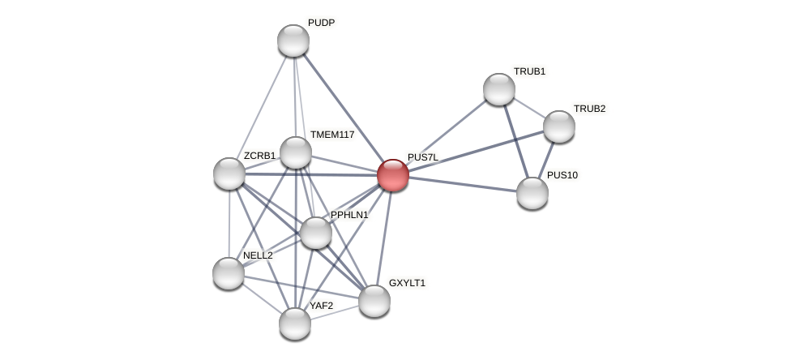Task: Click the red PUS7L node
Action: [393, 175]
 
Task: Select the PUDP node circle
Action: [293, 41]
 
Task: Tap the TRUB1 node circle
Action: [499, 89]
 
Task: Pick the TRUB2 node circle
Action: [559, 126]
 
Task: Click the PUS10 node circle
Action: [532, 193]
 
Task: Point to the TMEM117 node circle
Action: [296, 152]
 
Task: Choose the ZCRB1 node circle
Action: [229, 174]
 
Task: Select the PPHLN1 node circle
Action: [316, 233]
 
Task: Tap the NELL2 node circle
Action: [229, 273]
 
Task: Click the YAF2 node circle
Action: [295, 324]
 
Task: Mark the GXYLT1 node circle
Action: [374, 301]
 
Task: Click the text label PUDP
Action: [321, 23]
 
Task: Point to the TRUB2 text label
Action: [589, 109]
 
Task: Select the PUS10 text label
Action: [562, 175]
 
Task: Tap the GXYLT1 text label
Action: [407, 283]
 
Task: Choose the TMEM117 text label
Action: [332, 135]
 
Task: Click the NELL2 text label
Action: [258, 255]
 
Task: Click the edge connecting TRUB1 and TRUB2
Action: [529, 108]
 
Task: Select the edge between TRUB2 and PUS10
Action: [546, 159]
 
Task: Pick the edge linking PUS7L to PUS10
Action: [463, 184]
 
